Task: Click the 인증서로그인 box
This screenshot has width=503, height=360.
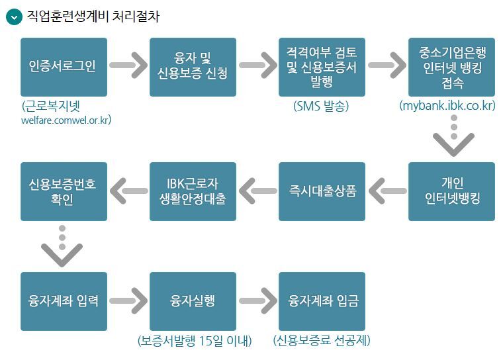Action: tap(64, 67)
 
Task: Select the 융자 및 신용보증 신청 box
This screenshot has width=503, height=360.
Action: tap(193, 67)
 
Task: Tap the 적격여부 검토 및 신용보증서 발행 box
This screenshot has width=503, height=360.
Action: tap(322, 67)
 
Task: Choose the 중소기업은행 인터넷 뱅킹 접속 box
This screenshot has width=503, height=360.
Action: tap(451, 67)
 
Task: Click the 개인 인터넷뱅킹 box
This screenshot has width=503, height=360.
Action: tap(451, 191)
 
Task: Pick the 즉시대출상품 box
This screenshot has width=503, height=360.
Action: tap(322, 191)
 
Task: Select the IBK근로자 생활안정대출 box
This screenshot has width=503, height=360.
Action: tap(193, 191)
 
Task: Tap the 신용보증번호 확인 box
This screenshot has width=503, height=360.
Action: tap(64, 191)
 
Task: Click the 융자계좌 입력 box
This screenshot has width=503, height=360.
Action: tap(64, 301)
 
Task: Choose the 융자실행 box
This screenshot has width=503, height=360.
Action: tap(193, 301)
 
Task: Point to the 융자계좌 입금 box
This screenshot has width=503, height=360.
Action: tap(322, 301)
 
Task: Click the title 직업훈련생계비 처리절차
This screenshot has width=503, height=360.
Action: tap(93, 17)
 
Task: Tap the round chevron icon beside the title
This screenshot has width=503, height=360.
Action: tap(13, 17)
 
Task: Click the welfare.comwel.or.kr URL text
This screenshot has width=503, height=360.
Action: tap(66, 120)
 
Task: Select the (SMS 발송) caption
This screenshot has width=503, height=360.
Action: tap(321, 106)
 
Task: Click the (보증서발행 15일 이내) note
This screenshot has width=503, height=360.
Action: tap(195, 341)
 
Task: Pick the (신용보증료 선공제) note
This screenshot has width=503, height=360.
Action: tap(322, 341)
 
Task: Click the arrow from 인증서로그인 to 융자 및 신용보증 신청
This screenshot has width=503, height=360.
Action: tap(128, 66)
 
